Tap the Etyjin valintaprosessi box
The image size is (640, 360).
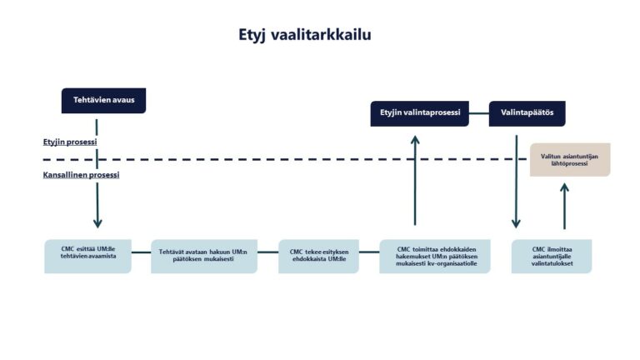click(419, 112)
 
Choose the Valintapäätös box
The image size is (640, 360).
click(527, 112)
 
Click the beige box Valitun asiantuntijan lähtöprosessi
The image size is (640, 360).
click(570, 159)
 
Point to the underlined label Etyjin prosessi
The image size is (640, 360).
click(70, 142)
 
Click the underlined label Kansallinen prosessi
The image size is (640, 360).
click(81, 175)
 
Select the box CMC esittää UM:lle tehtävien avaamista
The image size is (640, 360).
click(87, 256)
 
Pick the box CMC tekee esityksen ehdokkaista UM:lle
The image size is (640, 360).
click(318, 256)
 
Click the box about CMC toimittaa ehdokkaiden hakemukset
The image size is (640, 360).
click(435, 256)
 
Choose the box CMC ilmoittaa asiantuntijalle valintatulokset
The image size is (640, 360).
click(552, 256)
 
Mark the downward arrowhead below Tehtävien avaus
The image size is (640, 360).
click(97, 222)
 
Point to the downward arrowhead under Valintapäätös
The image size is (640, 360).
click(516, 222)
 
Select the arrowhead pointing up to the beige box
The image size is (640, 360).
click(564, 187)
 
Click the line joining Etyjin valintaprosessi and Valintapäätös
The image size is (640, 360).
click(478, 112)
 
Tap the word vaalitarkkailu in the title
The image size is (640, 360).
click(327, 35)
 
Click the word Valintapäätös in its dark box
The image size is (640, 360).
click(527, 112)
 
